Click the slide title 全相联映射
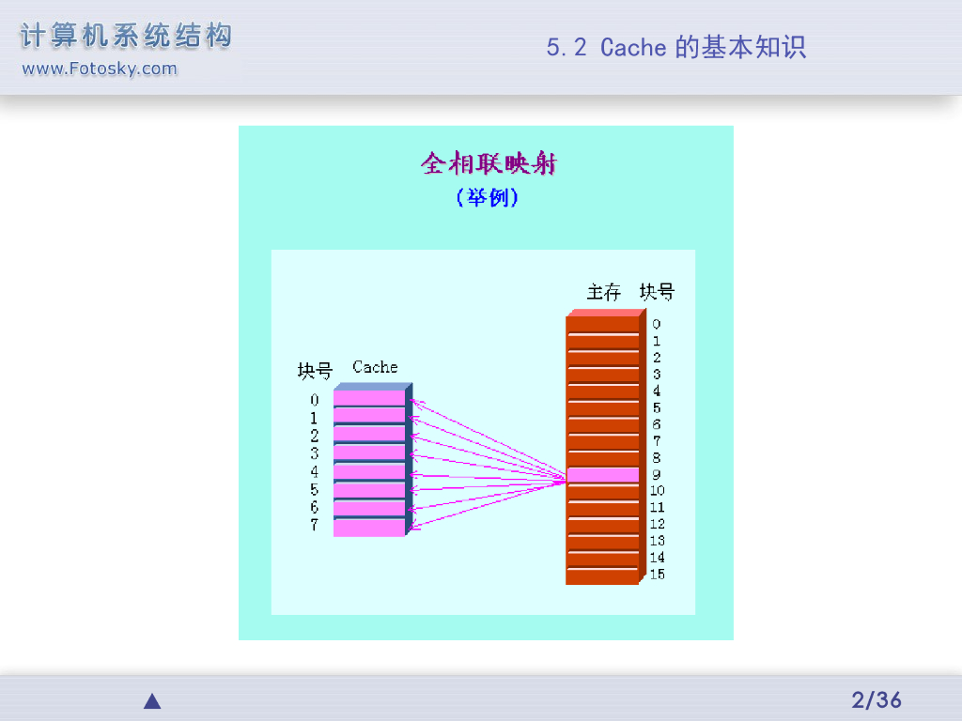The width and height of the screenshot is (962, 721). (488, 164)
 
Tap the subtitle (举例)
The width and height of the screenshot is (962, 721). (487, 198)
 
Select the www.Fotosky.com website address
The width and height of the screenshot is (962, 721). (99, 69)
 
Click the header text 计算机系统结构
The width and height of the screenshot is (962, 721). (126, 38)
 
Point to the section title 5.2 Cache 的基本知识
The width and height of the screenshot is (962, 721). (675, 47)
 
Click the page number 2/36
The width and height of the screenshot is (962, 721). (876, 699)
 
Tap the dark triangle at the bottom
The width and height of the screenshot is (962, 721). (152, 701)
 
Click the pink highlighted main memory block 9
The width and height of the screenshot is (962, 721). (602, 475)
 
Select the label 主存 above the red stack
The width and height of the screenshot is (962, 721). (604, 292)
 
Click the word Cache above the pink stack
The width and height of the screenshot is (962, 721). (375, 367)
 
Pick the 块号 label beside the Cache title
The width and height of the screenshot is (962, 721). (315, 371)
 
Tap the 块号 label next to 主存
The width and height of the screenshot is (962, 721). (657, 292)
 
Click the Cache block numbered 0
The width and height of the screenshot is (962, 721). (368, 398)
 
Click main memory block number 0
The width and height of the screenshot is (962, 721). (602, 325)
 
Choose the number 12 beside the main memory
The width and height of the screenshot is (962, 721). (657, 524)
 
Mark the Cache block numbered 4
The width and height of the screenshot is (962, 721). (368, 471)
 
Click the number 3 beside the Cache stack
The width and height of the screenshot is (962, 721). (315, 453)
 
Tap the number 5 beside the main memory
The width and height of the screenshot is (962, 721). (657, 407)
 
